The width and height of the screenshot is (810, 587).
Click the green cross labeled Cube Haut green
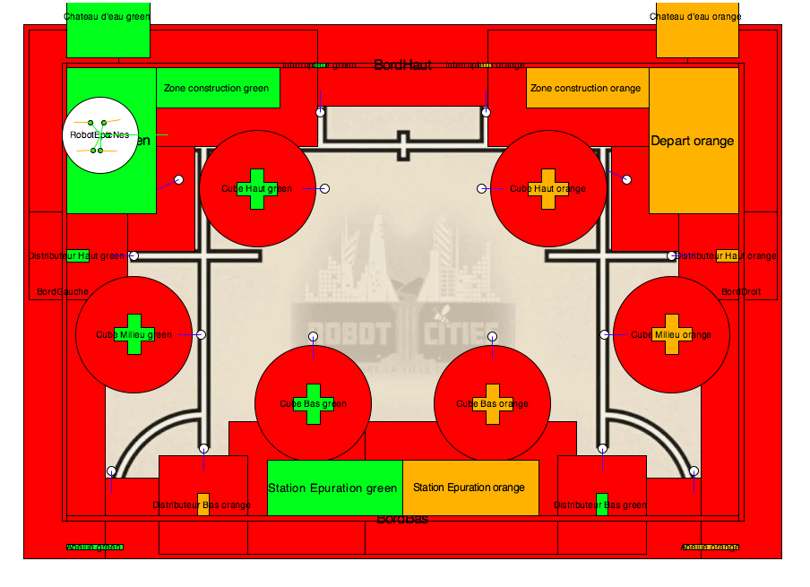(257, 188)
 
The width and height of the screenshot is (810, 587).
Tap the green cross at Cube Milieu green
(134, 334)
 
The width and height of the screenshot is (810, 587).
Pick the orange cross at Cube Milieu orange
(672, 334)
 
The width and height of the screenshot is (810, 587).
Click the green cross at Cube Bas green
(314, 403)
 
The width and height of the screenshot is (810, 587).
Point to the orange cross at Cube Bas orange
(492, 403)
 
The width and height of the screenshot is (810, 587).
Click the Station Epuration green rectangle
(333, 488)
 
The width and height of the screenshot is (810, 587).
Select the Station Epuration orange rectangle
(470, 488)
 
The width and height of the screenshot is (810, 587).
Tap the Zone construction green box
(217, 88)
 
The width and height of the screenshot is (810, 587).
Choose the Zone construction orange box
(586, 88)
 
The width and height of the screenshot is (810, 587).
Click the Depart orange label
(693, 141)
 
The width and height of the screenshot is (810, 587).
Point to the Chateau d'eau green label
(108, 16)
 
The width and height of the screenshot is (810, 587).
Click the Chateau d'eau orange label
(695, 16)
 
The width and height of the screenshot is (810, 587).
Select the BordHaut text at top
(402, 65)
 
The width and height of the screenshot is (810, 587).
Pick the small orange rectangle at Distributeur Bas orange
(203, 504)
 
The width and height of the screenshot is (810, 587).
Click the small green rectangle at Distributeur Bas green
(602, 504)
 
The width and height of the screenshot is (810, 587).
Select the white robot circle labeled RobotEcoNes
(101, 134)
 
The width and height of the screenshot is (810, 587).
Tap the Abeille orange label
(711, 547)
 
